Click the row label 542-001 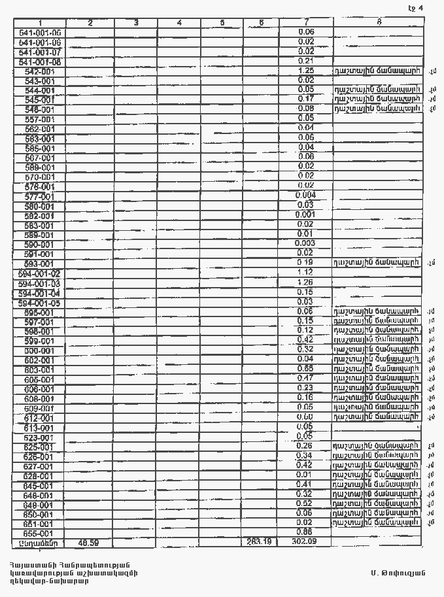tap(40, 71)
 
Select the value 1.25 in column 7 tap(305, 71)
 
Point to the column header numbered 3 tap(135, 23)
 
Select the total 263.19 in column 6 tap(261, 542)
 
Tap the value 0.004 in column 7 tap(305, 196)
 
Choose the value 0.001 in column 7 tap(305, 214)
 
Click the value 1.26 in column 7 tap(305, 282)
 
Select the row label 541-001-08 tap(40, 61)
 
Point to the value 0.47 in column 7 tap(305, 378)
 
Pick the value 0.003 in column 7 tap(305, 243)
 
